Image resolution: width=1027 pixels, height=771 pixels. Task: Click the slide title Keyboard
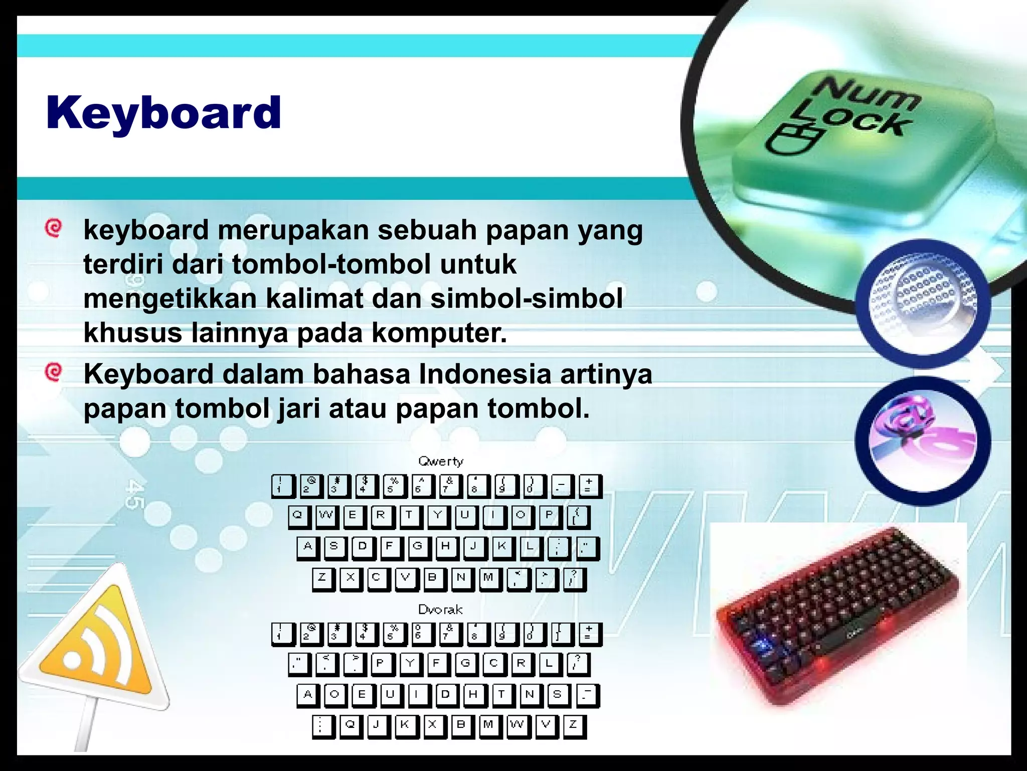pyautogui.click(x=163, y=113)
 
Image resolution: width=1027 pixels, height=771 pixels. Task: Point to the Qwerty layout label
pyautogui.click(x=441, y=461)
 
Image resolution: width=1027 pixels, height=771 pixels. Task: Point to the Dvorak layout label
pyautogui.click(x=440, y=609)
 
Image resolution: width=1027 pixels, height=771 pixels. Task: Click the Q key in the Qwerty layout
pyautogui.click(x=298, y=516)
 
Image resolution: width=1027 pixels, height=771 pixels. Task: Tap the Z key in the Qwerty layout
pyautogui.click(x=322, y=578)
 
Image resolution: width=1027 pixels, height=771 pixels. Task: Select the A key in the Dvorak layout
pyautogui.click(x=307, y=695)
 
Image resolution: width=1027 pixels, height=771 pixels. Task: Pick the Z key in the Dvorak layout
pyautogui.click(x=573, y=725)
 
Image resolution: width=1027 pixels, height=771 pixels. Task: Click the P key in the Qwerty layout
pyautogui.click(x=550, y=516)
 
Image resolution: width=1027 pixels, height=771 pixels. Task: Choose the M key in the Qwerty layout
pyautogui.click(x=488, y=578)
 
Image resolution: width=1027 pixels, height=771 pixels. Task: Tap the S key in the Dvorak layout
pyautogui.click(x=557, y=695)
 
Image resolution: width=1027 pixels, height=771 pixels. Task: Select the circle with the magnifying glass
pyautogui.click(x=923, y=303)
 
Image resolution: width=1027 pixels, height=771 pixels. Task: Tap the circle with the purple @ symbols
pyautogui.click(x=923, y=440)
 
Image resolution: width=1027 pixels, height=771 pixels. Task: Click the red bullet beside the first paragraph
pyautogui.click(x=53, y=227)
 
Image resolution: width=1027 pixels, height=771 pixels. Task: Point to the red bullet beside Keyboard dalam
pyautogui.click(x=53, y=372)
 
